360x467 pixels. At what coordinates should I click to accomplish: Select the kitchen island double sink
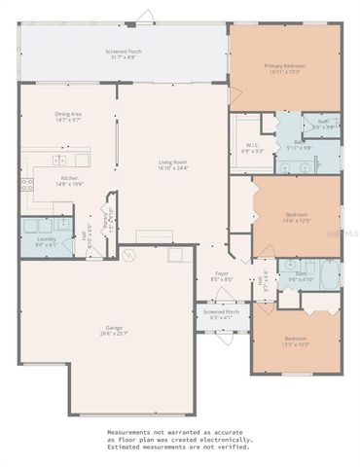(59, 159)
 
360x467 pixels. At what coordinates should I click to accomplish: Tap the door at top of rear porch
(145, 16)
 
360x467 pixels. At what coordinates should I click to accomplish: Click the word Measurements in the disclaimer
(130, 430)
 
